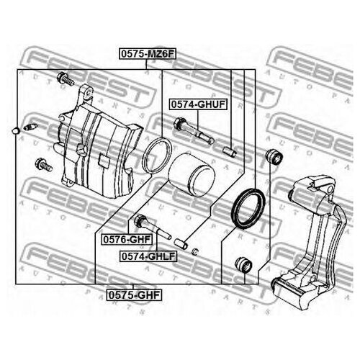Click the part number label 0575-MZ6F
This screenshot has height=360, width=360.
point(148,54)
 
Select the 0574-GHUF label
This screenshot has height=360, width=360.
point(198,104)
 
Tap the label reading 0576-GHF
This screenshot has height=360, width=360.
point(127,239)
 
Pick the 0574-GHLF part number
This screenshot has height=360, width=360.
point(148,256)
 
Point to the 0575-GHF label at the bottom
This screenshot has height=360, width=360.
point(134,294)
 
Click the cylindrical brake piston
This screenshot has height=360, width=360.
point(192,175)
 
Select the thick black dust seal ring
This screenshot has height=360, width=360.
point(248,208)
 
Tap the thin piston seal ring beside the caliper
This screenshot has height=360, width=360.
point(157,156)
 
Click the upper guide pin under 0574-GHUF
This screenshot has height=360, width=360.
point(193,130)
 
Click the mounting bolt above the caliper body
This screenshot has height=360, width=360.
point(66,79)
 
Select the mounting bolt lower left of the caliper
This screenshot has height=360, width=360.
point(43,165)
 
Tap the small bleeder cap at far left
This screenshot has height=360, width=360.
point(16,130)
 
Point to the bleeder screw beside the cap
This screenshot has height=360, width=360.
point(30,127)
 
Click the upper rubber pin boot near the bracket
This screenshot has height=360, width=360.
point(274,156)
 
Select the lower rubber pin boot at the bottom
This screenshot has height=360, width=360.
point(243,264)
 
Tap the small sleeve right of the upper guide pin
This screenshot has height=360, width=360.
point(230,152)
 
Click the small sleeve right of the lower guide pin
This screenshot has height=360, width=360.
point(181,243)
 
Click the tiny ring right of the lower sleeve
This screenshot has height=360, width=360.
point(195,251)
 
